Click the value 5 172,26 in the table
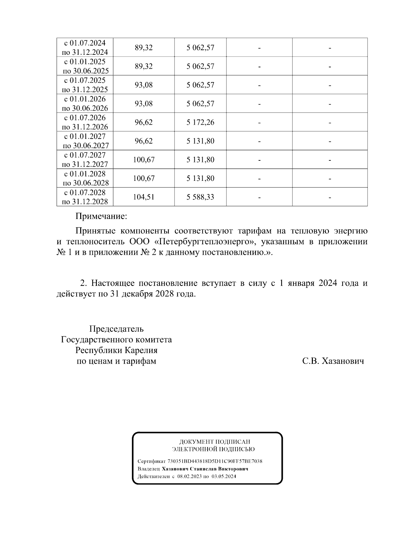(200, 122)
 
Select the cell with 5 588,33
(200, 197)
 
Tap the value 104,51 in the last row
(144, 197)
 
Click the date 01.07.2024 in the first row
(87, 43)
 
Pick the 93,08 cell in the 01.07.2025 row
(144, 85)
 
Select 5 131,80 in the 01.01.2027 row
(200, 141)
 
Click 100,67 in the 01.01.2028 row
(144, 179)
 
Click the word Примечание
(101, 216)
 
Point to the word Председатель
(116, 329)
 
